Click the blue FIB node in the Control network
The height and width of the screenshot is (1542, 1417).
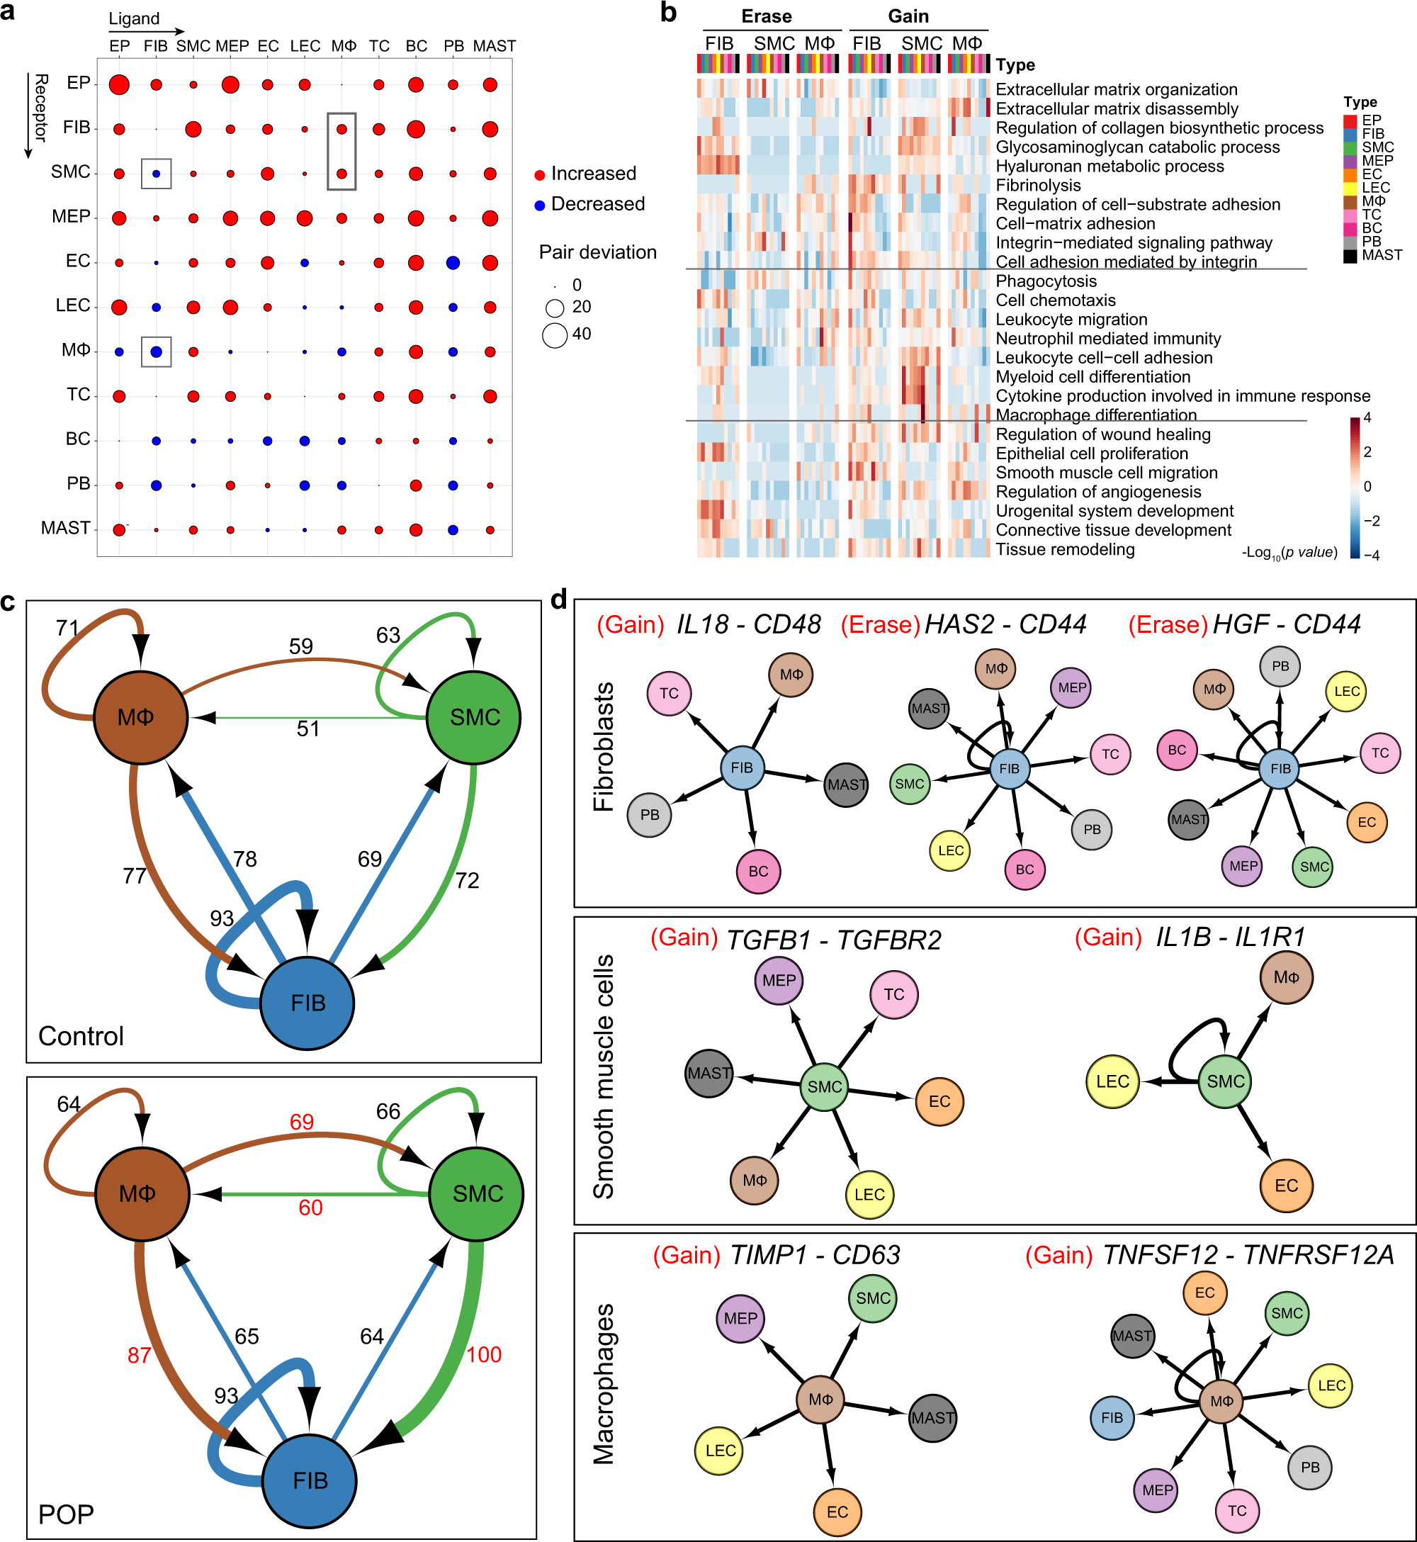307,1002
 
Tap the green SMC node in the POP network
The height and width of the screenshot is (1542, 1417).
476,1193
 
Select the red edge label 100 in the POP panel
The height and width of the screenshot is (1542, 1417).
484,1354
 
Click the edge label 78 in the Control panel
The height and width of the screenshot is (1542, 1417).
244,859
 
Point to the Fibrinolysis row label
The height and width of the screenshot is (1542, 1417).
1037,186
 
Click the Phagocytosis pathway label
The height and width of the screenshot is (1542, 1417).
1045,281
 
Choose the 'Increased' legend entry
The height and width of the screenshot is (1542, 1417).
593,174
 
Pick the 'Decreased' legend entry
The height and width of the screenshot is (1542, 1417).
597,204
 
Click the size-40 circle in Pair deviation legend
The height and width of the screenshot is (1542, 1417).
554,335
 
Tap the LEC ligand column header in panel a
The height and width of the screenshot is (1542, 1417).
305,46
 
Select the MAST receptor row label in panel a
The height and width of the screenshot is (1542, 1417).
66,529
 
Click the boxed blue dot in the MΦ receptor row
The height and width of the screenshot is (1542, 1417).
157,352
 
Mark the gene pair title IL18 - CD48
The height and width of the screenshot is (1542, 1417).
747,624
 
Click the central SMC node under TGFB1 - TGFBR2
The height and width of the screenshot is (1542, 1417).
824,1086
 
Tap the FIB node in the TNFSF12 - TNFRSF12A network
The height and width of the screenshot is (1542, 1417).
1111,1417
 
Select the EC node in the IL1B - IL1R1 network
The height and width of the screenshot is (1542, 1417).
1286,1186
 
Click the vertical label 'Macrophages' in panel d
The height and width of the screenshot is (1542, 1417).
604,1383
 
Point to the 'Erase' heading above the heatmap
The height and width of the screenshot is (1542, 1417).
766,17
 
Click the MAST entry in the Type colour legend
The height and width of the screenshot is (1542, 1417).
1381,255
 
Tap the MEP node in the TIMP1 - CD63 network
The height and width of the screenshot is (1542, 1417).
740,1318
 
